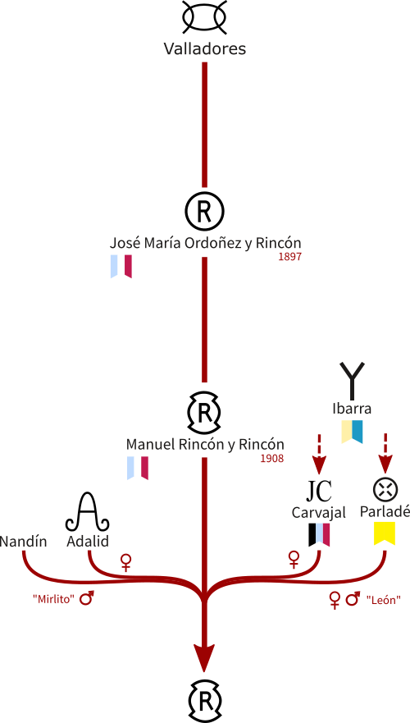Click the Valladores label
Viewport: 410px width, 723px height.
(204, 49)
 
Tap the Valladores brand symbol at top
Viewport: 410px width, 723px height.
(204, 17)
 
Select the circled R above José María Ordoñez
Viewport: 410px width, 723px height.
(204, 211)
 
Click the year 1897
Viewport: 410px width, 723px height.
(289, 258)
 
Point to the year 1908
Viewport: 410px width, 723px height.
(271, 459)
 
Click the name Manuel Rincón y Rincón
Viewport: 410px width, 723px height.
(205, 445)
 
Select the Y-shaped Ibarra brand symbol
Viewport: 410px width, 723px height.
(352, 381)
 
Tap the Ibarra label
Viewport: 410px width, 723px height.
(352, 409)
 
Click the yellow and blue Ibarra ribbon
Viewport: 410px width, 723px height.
(352, 432)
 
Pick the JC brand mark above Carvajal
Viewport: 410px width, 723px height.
(319, 491)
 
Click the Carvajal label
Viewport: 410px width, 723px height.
(319, 513)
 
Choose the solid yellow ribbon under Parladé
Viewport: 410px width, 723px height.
(385, 533)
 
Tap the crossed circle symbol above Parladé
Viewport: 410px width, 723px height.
(385, 490)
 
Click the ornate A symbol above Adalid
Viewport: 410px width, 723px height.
(88, 511)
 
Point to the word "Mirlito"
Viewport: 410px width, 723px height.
(53, 600)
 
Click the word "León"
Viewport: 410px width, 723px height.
(383, 600)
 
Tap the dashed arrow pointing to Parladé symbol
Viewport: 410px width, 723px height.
(385, 454)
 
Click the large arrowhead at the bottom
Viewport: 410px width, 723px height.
(203, 658)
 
